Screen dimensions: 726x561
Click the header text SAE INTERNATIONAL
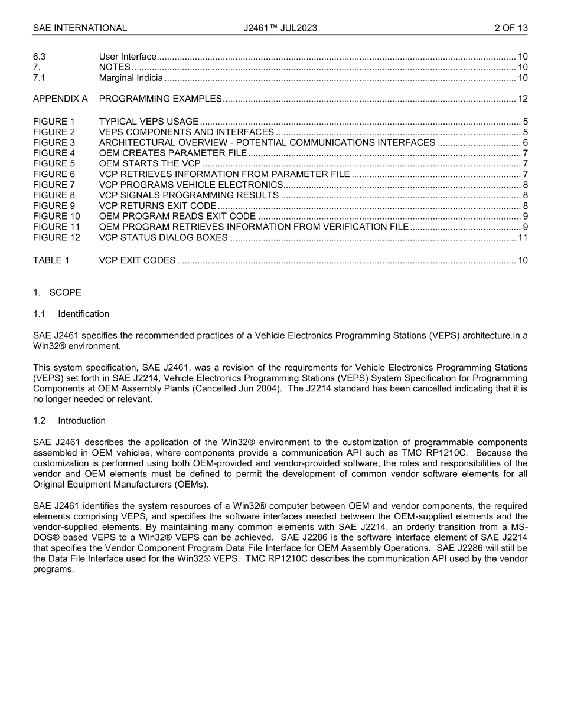point(80,28)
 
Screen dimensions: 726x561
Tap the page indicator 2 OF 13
point(511,28)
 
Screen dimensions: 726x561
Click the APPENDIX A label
point(60,99)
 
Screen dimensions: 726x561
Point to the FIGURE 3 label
point(54,143)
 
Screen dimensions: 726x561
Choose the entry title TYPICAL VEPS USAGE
point(148,122)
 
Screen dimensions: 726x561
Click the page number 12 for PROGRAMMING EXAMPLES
point(523,99)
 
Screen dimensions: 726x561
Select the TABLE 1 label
point(51,260)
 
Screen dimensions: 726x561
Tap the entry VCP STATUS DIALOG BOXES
point(163,237)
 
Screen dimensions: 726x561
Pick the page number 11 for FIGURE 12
point(523,237)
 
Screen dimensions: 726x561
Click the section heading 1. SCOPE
point(57,292)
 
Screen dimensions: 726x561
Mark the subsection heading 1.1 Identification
point(71,314)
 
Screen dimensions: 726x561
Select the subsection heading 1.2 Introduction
point(70,421)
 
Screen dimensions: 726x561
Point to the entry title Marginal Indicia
point(131,78)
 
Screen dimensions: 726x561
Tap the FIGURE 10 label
point(56,216)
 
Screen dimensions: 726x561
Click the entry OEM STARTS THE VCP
point(149,163)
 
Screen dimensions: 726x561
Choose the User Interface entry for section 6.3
point(128,57)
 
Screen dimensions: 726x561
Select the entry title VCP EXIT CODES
point(137,260)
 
